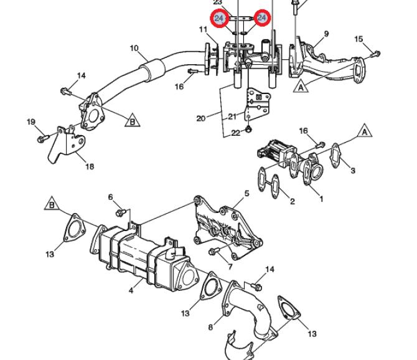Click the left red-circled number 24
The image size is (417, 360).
pyautogui.click(x=218, y=18)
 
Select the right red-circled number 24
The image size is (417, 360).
pyautogui.click(x=261, y=18)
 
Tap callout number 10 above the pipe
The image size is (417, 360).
pyautogui.click(x=134, y=49)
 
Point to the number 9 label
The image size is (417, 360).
pyautogui.click(x=326, y=34)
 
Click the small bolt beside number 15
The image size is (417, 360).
pyautogui.click(x=377, y=53)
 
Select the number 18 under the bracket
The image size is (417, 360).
pyautogui.click(x=90, y=166)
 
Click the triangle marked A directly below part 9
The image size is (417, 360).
pyautogui.click(x=301, y=86)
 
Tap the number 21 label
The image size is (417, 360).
pyautogui.click(x=232, y=116)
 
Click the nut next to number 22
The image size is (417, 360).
pyautogui.click(x=249, y=130)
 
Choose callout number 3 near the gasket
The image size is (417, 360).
pyautogui.click(x=353, y=170)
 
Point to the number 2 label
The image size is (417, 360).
pyautogui.click(x=293, y=201)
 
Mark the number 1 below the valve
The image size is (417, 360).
pyautogui.click(x=321, y=199)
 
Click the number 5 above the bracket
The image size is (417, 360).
pyautogui.click(x=247, y=194)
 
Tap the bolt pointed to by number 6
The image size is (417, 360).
pyautogui.click(x=121, y=212)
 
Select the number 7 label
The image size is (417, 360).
pyautogui.click(x=230, y=267)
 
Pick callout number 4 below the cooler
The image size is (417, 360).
pyautogui.click(x=131, y=290)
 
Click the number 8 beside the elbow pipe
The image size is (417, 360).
pyautogui.click(x=210, y=327)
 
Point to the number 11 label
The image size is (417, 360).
pyautogui.click(x=203, y=29)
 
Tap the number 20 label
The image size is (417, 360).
pyautogui.click(x=201, y=118)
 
